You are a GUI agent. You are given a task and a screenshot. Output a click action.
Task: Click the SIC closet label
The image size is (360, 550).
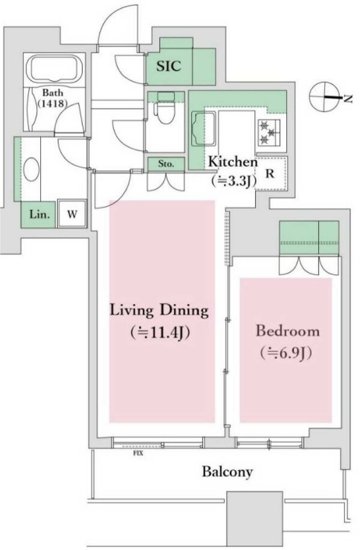pos(169,66)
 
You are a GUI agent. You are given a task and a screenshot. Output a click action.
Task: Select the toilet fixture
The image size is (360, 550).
pos(166,108)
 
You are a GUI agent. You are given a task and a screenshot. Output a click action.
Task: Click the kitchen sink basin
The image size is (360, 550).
pos(203,129)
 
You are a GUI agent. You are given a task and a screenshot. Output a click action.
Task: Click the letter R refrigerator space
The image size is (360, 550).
pos(270,173)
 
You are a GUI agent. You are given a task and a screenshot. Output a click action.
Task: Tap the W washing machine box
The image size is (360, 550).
pos(72,214)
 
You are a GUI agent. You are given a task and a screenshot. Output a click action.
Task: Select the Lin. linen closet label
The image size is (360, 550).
pos(39,214)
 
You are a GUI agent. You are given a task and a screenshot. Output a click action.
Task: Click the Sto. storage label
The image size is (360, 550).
pos(166,164)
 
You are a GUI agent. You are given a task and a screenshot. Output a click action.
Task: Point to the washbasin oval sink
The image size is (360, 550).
pos(31,169)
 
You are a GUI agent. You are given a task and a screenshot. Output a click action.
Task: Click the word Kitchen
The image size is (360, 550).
pos(233,162)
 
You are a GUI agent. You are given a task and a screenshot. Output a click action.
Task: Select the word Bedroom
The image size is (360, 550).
pos(288,331)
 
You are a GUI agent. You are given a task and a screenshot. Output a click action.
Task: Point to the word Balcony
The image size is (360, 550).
pos(227,472)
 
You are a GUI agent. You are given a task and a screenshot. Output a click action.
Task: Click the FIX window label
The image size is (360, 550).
pos(138,453)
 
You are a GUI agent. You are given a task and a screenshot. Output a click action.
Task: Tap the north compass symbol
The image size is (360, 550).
pos(325,97)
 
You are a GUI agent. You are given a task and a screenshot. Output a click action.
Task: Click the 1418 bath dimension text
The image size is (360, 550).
pos(53,104)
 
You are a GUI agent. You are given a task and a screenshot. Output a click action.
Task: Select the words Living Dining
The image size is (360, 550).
pos(160,311)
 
